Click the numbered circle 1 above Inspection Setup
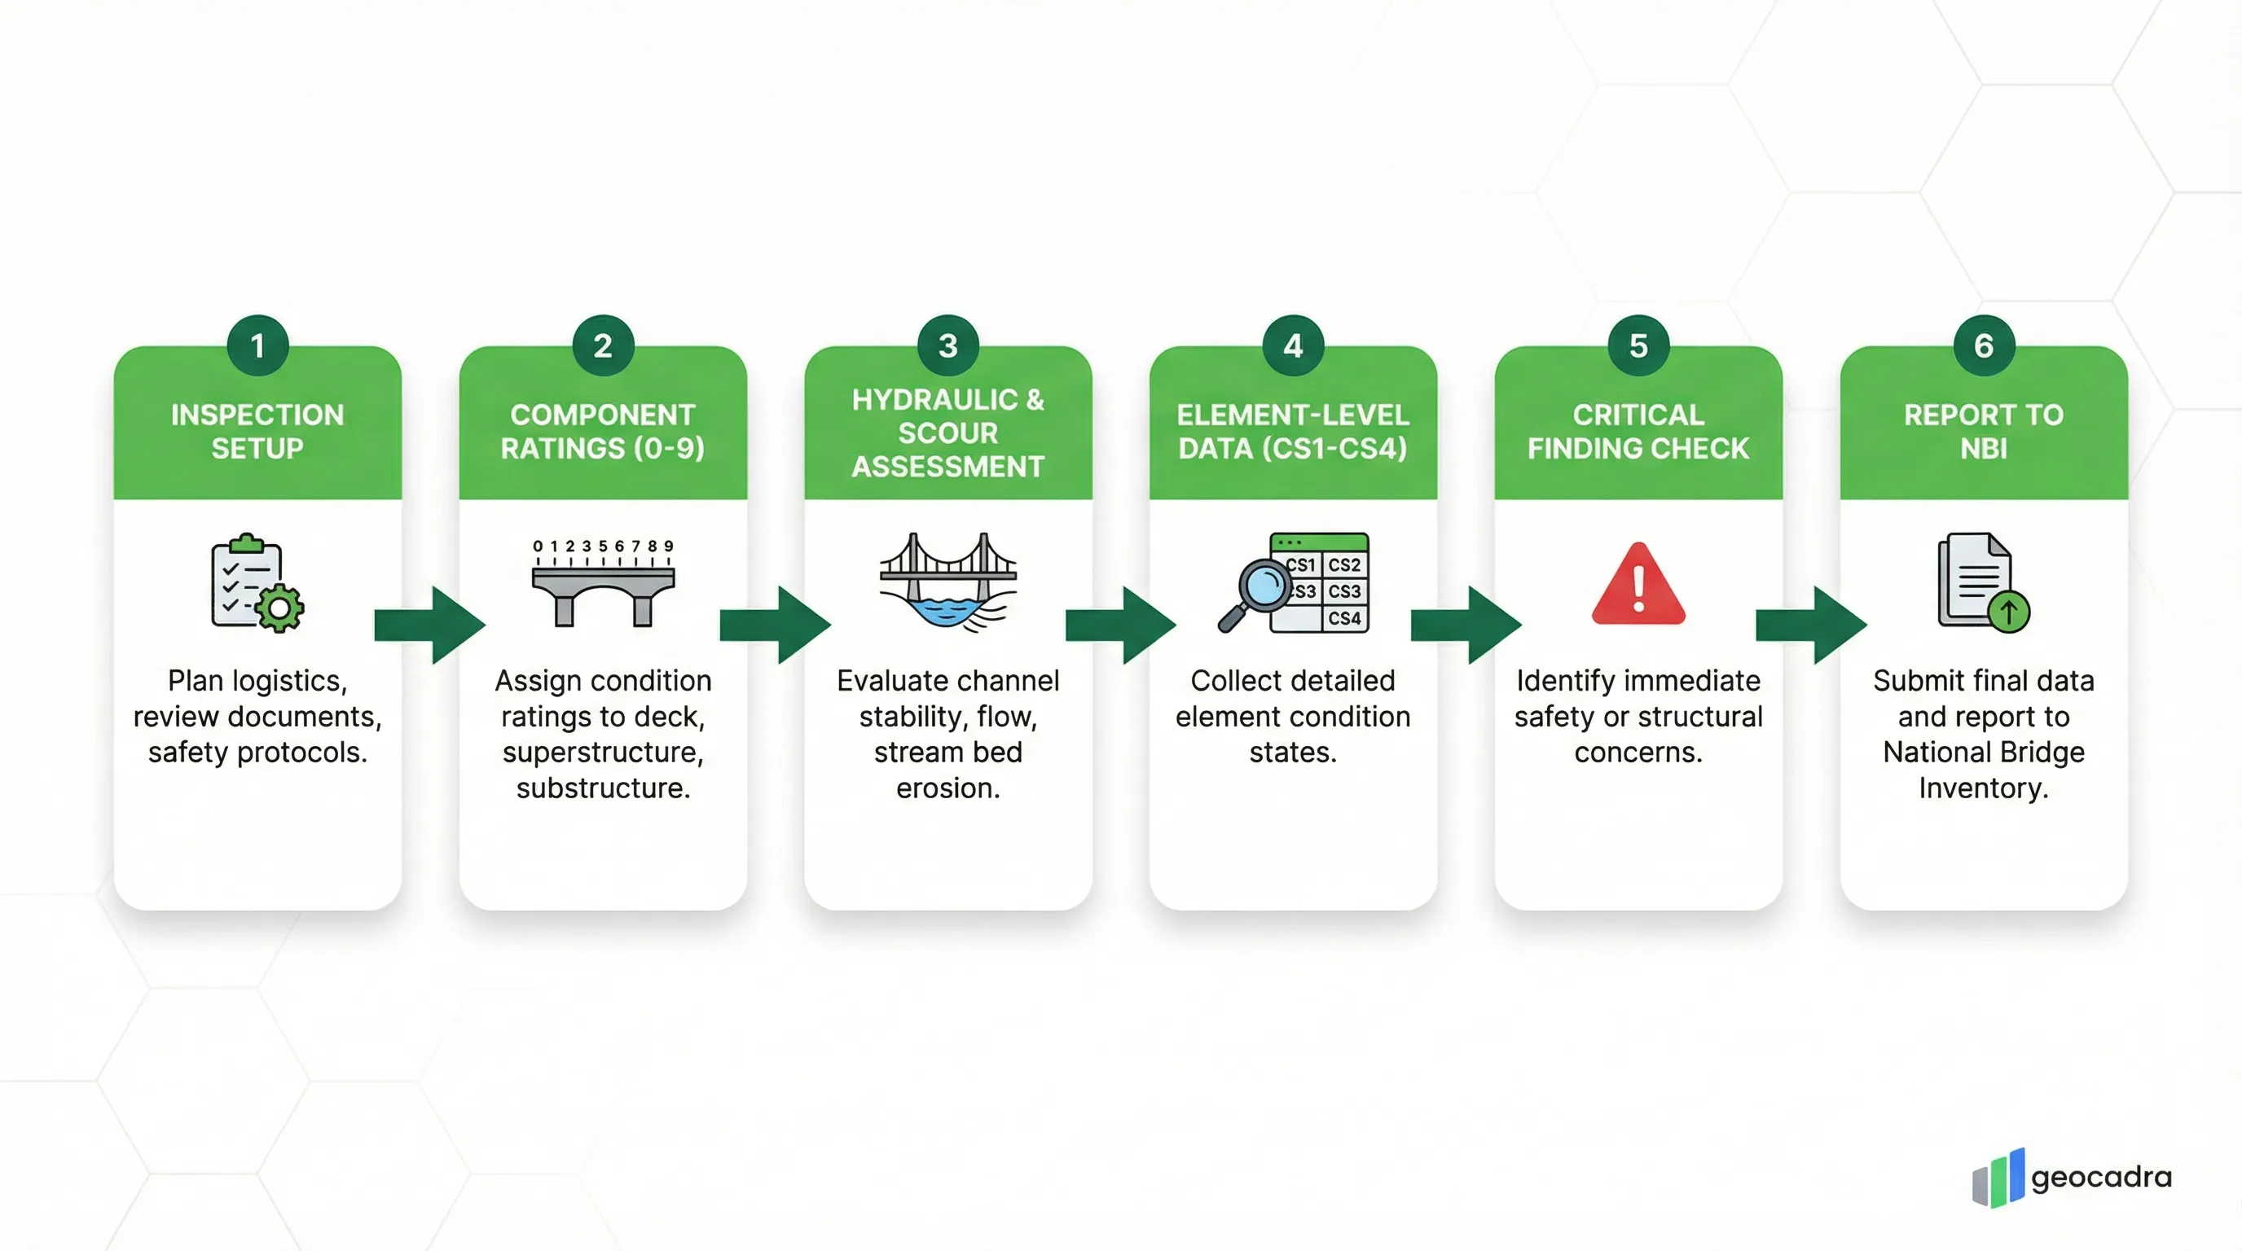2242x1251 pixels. [x=257, y=345]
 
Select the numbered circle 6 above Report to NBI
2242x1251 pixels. [x=1984, y=345]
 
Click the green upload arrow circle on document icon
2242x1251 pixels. [x=2008, y=612]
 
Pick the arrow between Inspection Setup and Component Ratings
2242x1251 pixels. [x=430, y=625]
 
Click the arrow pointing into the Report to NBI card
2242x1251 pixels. [x=1811, y=625]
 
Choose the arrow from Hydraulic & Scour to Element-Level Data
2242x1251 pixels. [x=1120, y=625]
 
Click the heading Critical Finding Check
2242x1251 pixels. [x=1638, y=432]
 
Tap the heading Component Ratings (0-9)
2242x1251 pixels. [x=602, y=432]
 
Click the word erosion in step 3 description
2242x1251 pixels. [x=947, y=788]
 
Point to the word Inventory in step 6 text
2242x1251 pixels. [x=1983, y=788]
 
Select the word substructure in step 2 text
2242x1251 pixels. [x=602, y=788]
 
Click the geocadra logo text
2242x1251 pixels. [x=2101, y=1177]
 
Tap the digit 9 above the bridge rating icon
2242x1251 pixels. [x=668, y=546]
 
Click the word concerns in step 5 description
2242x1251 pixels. [x=1638, y=753]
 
